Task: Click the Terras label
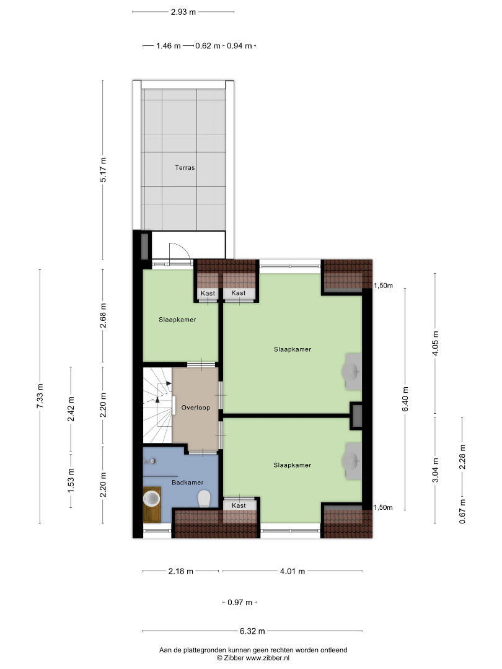click(185, 168)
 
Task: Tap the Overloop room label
click(195, 408)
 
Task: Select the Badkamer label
click(187, 483)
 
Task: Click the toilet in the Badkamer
click(204, 498)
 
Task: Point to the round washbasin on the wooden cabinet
click(152, 498)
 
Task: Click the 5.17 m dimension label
click(103, 170)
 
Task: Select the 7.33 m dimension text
click(40, 396)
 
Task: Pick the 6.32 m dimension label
click(252, 631)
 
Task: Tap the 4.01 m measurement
click(293, 571)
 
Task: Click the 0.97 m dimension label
click(240, 603)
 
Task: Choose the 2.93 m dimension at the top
click(183, 12)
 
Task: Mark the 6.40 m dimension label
click(405, 399)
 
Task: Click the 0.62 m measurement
click(208, 46)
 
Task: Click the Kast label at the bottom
click(239, 505)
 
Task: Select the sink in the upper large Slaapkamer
click(352, 372)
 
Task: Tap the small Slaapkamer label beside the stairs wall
click(178, 320)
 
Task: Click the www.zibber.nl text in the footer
click(268, 658)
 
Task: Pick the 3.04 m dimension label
click(436, 470)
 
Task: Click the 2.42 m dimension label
click(71, 409)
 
